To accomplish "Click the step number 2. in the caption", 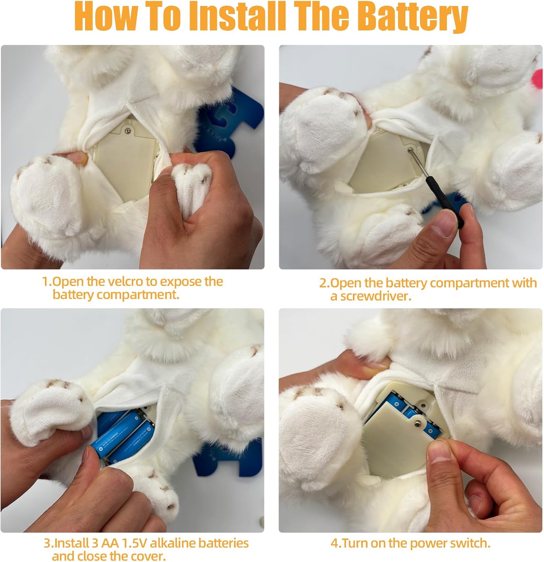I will pos(324,283).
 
